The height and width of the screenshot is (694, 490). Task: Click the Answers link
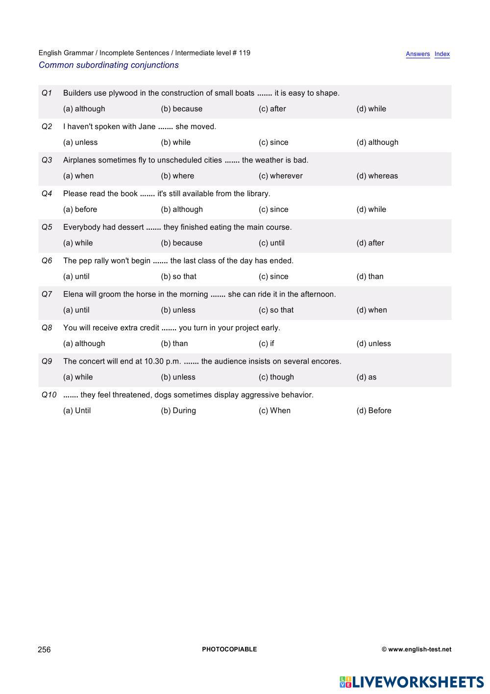pyautogui.click(x=417, y=54)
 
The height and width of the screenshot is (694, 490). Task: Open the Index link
pyautogui.click(x=442, y=54)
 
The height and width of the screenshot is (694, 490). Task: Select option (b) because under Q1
pyautogui.click(x=181, y=109)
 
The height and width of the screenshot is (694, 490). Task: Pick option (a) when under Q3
pyautogui.click(x=78, y=176)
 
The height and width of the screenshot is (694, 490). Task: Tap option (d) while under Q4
pyautogui.click(x=371, y=210)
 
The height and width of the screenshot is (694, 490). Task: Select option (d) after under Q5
pyautogui.click(x=370, y=243)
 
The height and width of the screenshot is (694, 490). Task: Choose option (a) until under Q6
pyautogui.click(x=76, y=276)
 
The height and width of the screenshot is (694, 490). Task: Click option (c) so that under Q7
pyautogui.click(x=276, y=310)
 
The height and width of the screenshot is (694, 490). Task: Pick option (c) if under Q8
pyautogui.click(x=267, y=344)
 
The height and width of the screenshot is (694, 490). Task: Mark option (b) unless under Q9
pyautogui.click(x=178, y=377)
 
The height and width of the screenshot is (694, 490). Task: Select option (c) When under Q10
pyautogui.click(x=274, y=411)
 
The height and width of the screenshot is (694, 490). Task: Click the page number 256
pyautogui.click(x=44, y=649)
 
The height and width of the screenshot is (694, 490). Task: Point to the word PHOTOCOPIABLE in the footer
pyautogui.click(x=229, y=649)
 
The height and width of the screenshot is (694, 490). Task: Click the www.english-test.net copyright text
pyautogui.click(x=416, y=649)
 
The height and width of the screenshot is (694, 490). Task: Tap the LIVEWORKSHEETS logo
pyautogui.click(x=412, y=682)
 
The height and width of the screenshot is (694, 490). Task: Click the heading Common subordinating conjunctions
pyautogui.click(x=109, y=65)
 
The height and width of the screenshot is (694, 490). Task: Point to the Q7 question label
pyautogui.click(x=47, y=294)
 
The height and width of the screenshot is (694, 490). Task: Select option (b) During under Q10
pyautogui.click(x=178, y=411)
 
